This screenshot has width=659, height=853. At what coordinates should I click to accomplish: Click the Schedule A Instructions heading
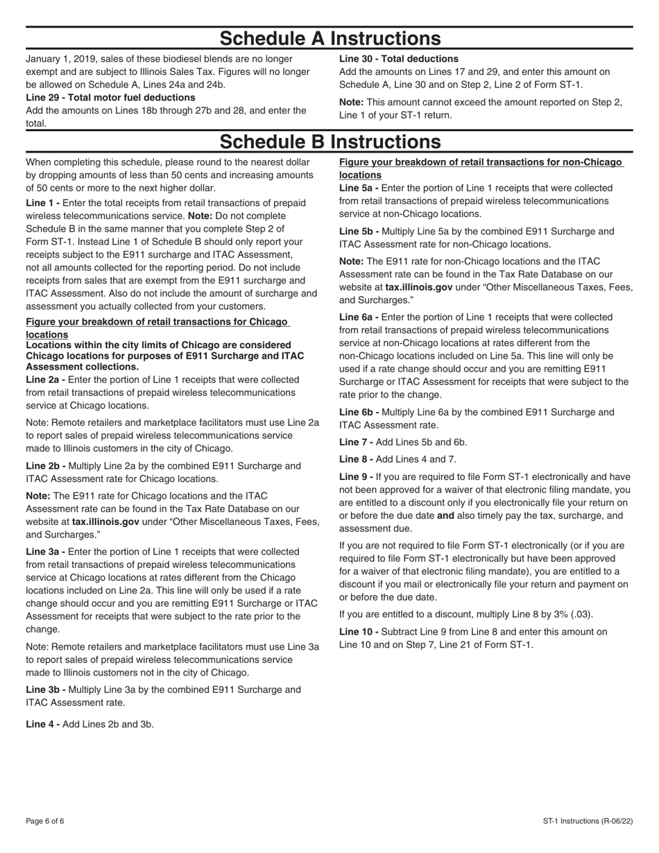click(329, 38)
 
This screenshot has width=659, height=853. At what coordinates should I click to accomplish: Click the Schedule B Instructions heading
click(329, 141)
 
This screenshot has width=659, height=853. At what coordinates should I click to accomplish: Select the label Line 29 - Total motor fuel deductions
click(110, 98)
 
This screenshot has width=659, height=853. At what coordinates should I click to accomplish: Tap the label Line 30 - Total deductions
click(398, 59)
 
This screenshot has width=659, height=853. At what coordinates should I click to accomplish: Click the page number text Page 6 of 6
click(45, 822)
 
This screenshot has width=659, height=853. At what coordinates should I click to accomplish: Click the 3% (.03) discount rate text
click(573, 614)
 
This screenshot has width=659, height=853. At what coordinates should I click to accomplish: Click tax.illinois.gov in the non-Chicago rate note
click(419, 287)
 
